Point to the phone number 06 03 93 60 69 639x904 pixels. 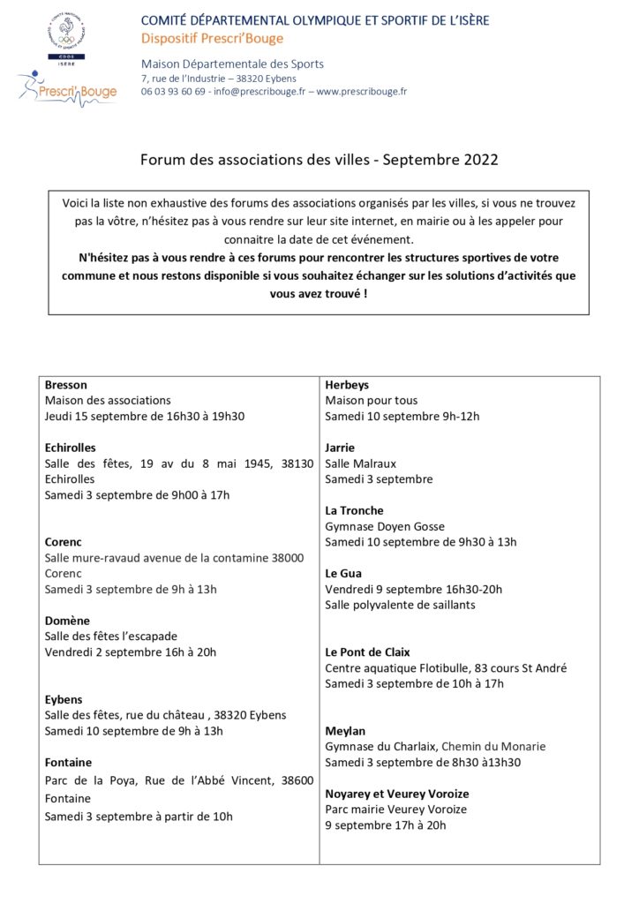173,91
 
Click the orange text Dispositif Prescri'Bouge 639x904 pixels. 213,37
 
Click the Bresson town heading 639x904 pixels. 65,385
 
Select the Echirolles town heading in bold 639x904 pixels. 70,448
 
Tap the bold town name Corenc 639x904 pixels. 63,542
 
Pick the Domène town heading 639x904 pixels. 67,621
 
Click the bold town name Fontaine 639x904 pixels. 68,762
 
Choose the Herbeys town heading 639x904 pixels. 347,385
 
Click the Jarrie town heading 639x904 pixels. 340,448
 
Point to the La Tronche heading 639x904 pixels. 354,510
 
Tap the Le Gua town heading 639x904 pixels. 343,573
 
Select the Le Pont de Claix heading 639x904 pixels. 368,652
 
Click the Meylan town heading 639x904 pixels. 345,731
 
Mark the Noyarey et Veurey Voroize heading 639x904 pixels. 396,794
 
